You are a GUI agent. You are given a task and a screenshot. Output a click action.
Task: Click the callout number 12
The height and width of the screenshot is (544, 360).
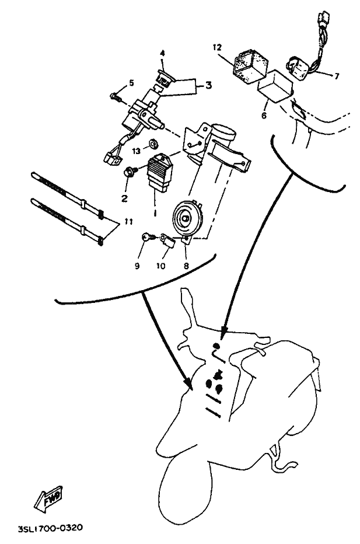[217, 47]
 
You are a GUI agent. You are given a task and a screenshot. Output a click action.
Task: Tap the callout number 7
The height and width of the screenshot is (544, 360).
[337, 76]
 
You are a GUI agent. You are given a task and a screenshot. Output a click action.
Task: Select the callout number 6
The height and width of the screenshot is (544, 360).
[264, 115]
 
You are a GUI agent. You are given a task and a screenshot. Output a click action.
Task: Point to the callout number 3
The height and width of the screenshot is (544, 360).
[208, 85]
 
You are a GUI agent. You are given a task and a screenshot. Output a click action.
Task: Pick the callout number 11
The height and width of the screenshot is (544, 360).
[129, 222]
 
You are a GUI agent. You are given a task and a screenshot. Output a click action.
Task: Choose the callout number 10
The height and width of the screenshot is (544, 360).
[161, 266]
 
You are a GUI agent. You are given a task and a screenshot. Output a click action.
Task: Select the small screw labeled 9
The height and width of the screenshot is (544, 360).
[147, 238]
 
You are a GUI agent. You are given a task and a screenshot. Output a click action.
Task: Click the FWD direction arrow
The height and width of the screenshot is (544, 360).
[48, 498]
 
